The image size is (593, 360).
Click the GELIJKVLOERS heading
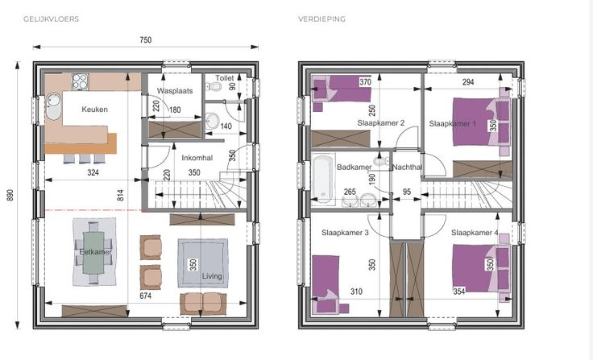pyautogui.click(x=51, y=19)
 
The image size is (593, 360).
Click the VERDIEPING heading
pyautogui.click(x=321, y=19)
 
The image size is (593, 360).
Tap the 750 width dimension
pyautogui.click(x=146, y=40)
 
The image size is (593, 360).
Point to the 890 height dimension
pyautogui.click(x=10, y=195)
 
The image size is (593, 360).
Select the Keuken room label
pyautogui.click(x=94, y=110)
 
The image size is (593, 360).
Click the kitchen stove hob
pyautogui.click(x=81, y=81)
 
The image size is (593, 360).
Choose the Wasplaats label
pyautogui.click(x=175, y=91)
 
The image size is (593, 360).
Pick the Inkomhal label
pyautogui.click(x=197, y=158)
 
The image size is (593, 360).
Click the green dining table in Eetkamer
pyautogui.click(x=93, y=252)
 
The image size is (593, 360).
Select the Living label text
pyautogui.click(x=212, y=276)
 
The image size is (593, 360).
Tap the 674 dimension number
pyautogui.click(x=146, y=296)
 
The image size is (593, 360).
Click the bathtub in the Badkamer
pyautogui.click(x=323, y=178)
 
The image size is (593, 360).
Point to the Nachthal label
pyautogui.click(x=407, y=168)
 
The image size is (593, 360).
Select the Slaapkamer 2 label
pyautogui.click(x=381, y=123)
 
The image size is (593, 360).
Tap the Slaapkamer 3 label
pyautogui.click(x=345, y=233)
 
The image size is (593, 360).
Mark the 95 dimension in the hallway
pyautogui.click(x=407, y=192)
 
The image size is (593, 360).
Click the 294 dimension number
pyautogui.click(x=468, y=82)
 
